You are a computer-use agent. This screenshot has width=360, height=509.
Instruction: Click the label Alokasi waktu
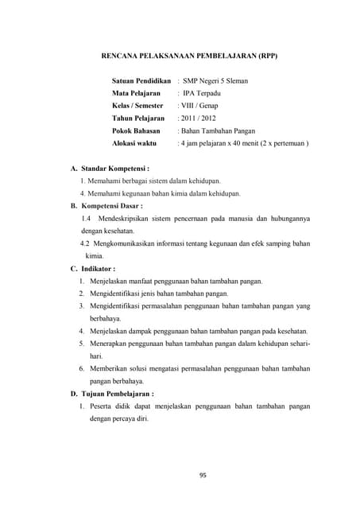click(134, 143)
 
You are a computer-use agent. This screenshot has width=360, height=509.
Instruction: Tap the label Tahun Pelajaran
click(138, 118)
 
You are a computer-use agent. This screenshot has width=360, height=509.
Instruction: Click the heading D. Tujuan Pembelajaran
click(112, 393)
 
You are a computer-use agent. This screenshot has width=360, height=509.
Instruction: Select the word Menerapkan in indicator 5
click(114, 343)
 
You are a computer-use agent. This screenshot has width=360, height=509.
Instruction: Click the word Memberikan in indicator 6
click(114, 368)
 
